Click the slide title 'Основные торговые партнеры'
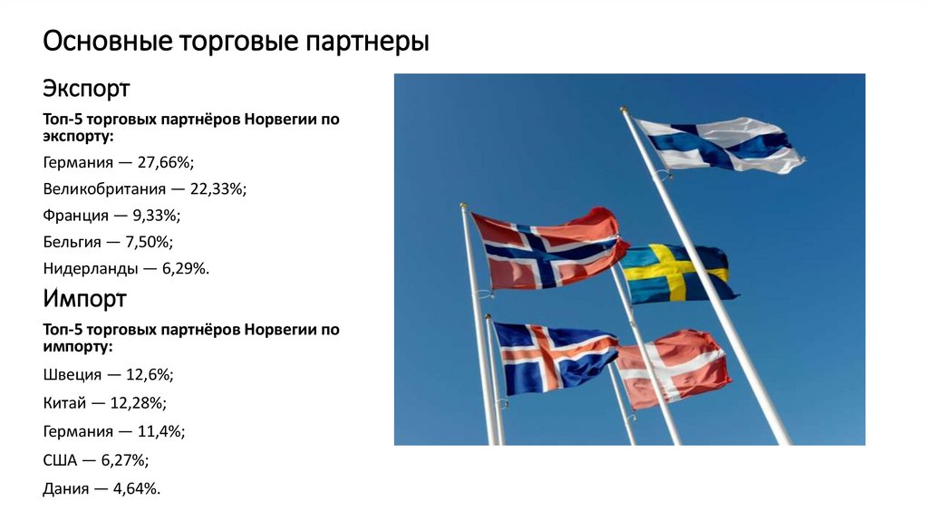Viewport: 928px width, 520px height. point(236,43)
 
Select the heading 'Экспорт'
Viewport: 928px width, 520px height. point(86,90)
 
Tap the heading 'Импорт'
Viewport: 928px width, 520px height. point(84,299)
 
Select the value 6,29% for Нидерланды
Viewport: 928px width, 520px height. point(181,268)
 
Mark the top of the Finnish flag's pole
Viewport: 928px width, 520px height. point(623,111)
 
